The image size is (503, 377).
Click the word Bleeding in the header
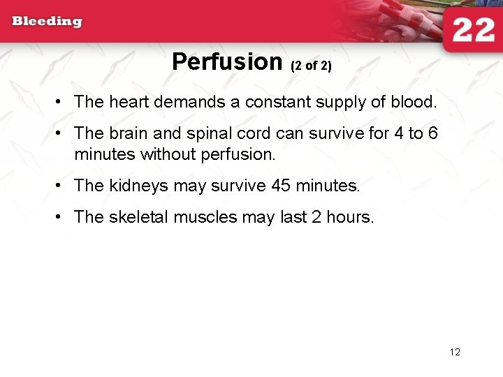(x=47, y=21)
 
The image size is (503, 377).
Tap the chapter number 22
(x=473, y=30)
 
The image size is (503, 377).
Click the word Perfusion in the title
(x=226, y=62)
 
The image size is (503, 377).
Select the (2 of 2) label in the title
(x=311, y=66)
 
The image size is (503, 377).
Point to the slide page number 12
(x=455, y=352)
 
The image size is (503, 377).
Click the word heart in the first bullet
(x=129, y=102)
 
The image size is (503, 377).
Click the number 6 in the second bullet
(x=432, y=133)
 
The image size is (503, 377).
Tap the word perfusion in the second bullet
(x=238, y=154)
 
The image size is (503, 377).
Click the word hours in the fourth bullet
(x=352, y=217)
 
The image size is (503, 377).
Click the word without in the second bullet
(x=166, y=154)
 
